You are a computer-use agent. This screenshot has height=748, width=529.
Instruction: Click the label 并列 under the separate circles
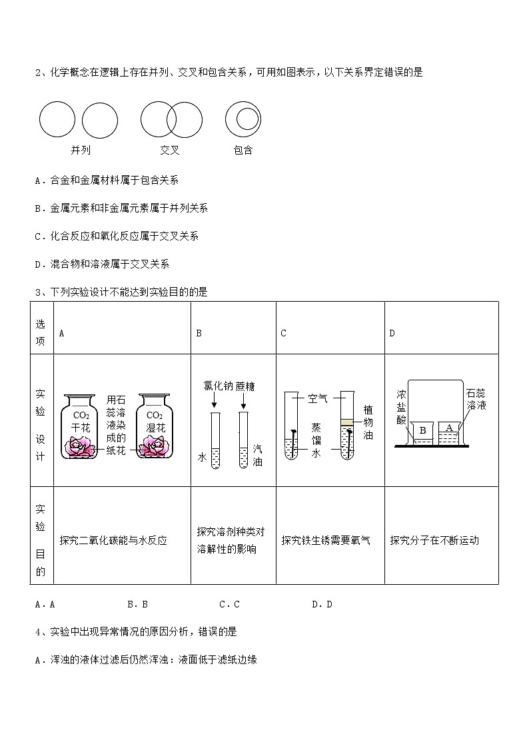tap(81, 151)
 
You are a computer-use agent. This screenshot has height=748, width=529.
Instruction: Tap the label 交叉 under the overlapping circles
tap(169, 151)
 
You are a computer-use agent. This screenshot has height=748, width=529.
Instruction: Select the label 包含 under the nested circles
tap(243, 151)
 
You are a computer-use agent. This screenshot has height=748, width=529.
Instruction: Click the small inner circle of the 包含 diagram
tap(247, 119)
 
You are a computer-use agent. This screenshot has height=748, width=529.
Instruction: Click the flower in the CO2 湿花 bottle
tap(156, 447)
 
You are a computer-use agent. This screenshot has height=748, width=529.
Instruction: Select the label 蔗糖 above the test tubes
tap(245, 386)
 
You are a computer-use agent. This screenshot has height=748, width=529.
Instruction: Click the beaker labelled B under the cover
tap(422, 432)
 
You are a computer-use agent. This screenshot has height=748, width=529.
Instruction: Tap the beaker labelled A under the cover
tap(448, 430)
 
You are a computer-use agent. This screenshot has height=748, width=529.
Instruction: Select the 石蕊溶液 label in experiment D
tap(476, 400)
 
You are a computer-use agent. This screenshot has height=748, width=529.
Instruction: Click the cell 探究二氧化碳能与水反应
tap(113, 540)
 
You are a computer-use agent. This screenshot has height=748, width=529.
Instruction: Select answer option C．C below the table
tap(229, 604)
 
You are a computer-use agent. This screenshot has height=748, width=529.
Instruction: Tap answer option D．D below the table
tap(322, 604)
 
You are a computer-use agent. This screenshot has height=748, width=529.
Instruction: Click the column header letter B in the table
tap(199, 333)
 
